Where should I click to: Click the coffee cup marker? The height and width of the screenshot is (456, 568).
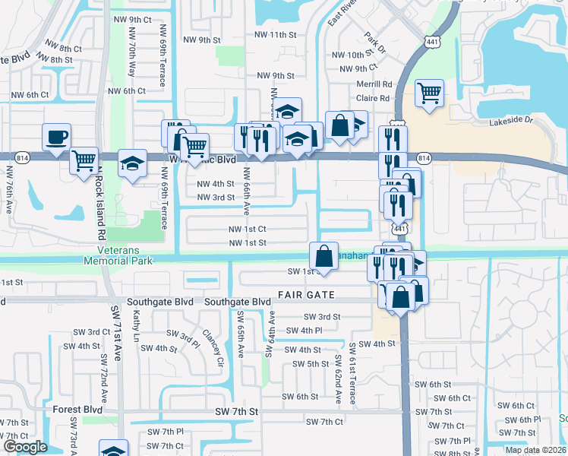(x=56, y=138)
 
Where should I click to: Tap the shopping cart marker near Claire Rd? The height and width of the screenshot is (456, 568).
(x=429, y=94)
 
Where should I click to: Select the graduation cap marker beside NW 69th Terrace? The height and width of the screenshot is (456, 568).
(x=132, y=164)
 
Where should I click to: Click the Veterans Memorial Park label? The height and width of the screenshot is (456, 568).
(x=125, y=256)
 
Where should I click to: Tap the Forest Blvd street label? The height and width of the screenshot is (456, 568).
(x=77, y=409)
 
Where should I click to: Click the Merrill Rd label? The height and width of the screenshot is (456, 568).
(x=376, y=84)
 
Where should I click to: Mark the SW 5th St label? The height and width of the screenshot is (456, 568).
(x=310, y=364)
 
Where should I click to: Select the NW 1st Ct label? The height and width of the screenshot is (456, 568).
(x=248, y=229)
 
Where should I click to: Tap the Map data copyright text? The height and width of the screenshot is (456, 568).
(x=535, y=450)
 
